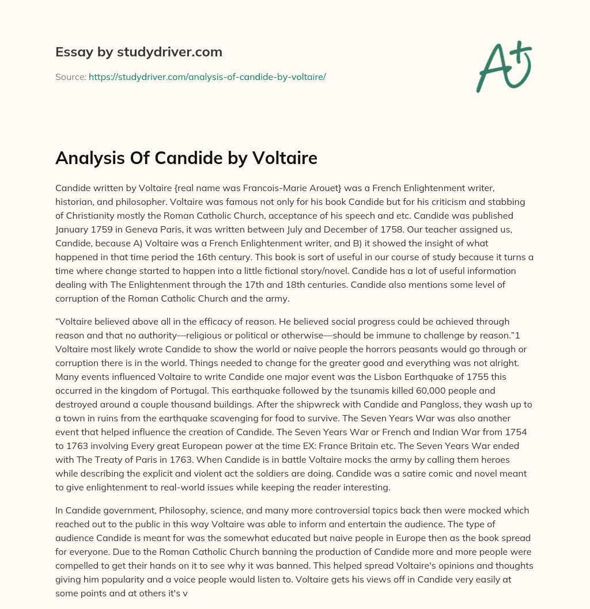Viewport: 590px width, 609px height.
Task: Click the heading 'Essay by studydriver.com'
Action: pos(138,52)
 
